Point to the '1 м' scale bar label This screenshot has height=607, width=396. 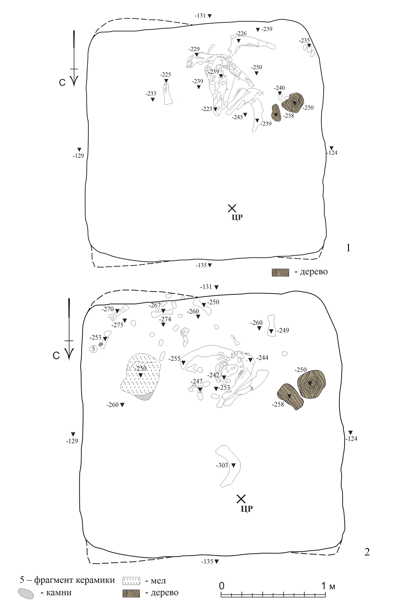point(328,579)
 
